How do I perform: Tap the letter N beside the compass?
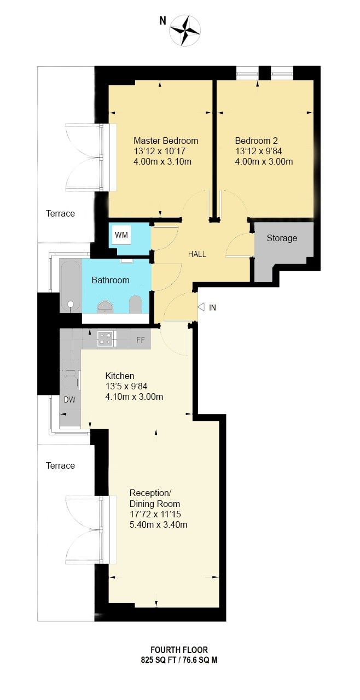point(162,21)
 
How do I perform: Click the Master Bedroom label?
point(166,141)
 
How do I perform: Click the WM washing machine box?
point(121,236)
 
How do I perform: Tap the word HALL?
point(197,254)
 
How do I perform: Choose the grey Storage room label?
point(282,238)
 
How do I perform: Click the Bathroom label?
point(111,280)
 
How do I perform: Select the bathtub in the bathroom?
point(70,285)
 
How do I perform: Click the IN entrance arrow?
point(201,307)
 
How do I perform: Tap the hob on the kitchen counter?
point(105,339)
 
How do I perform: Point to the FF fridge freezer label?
point(141,340)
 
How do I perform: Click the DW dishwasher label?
point(69,400)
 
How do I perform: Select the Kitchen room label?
point(120,376)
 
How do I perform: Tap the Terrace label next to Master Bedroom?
point(60,213)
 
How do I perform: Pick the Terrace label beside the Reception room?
point(60,465)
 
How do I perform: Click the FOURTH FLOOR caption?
point(180,650)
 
